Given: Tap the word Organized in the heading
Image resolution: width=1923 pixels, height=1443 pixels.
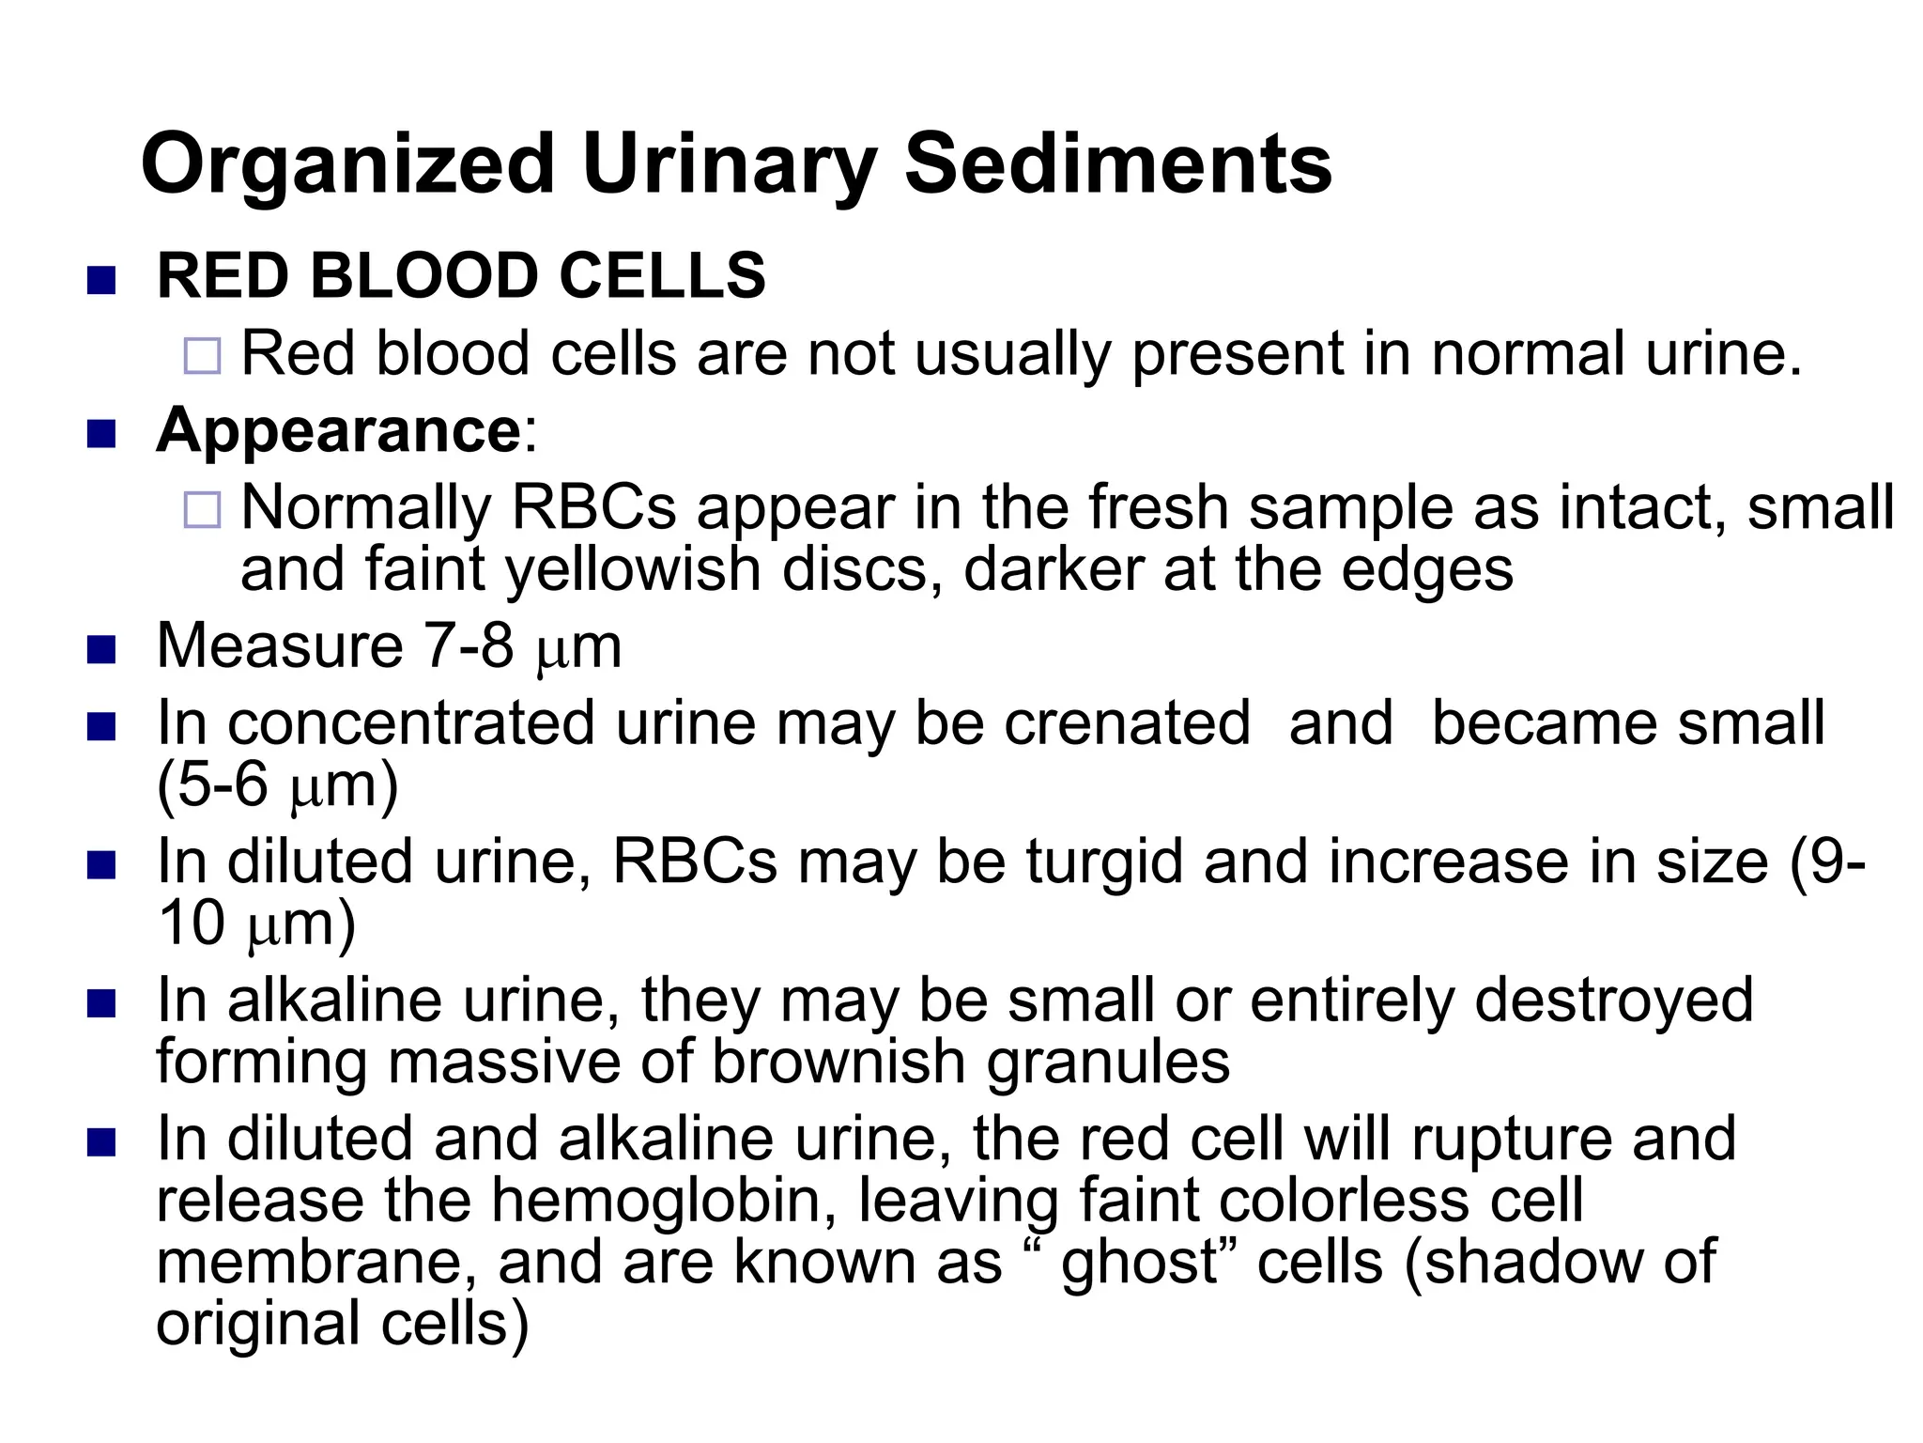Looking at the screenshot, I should (x=347, y=165).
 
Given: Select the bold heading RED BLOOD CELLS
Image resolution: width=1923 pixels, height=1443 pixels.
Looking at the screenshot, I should (x=461, y=276).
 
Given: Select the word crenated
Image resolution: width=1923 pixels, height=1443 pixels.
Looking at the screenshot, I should (x=1127, y=723).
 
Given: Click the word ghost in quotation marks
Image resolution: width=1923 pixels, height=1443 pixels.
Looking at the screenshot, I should (x=1138, y=1263).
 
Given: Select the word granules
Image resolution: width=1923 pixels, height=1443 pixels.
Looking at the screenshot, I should (x=1108, y=1063).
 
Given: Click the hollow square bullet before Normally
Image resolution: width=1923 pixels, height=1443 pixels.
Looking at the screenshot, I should (x=203, y=510).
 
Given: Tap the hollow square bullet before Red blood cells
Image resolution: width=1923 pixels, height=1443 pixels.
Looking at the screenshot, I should (x=203, y=356).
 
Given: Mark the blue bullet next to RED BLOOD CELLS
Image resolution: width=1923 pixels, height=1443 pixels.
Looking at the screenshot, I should (x=100, y=280).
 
